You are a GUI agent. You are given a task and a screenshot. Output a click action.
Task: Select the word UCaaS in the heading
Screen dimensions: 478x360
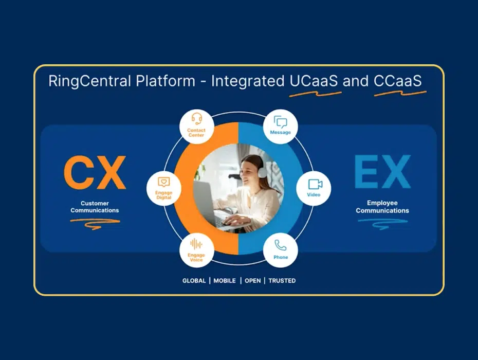pos(314,81)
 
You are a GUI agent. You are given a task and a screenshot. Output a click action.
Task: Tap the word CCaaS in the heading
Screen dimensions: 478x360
pos(398,81)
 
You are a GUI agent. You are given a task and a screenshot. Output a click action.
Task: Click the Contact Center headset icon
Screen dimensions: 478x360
pos(197,118)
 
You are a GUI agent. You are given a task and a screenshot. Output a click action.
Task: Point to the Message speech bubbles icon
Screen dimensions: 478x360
pos(281,122)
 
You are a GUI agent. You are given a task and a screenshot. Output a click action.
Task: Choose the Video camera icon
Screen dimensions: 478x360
pos(315,184)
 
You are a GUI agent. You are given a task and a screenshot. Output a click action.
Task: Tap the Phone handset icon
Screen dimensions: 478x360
pos(281,245)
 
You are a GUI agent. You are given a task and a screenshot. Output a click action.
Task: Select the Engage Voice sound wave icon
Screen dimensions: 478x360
pos(196,244)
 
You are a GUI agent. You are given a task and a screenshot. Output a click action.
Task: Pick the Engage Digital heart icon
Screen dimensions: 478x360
pos(164,182)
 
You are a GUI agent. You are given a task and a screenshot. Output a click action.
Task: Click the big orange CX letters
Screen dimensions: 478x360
pos(95,173)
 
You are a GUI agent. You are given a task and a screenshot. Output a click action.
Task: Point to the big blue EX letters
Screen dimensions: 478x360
pos(382,172)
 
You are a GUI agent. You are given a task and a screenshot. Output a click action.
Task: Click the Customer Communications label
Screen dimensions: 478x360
pos(95,207)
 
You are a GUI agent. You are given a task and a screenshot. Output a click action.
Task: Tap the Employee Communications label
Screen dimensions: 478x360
pos(382,207)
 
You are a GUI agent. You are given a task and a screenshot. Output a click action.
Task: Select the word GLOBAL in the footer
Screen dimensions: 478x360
pos(194,281)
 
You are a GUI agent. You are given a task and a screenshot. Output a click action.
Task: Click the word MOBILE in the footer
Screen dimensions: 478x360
pos(225,281)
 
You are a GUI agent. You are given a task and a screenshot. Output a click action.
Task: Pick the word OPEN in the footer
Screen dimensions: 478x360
pos(253,281)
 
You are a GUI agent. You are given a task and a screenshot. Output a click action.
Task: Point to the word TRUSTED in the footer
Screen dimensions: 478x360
pos(282,281)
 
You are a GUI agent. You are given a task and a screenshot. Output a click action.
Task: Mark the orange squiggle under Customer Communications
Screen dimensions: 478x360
pos(95,224)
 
